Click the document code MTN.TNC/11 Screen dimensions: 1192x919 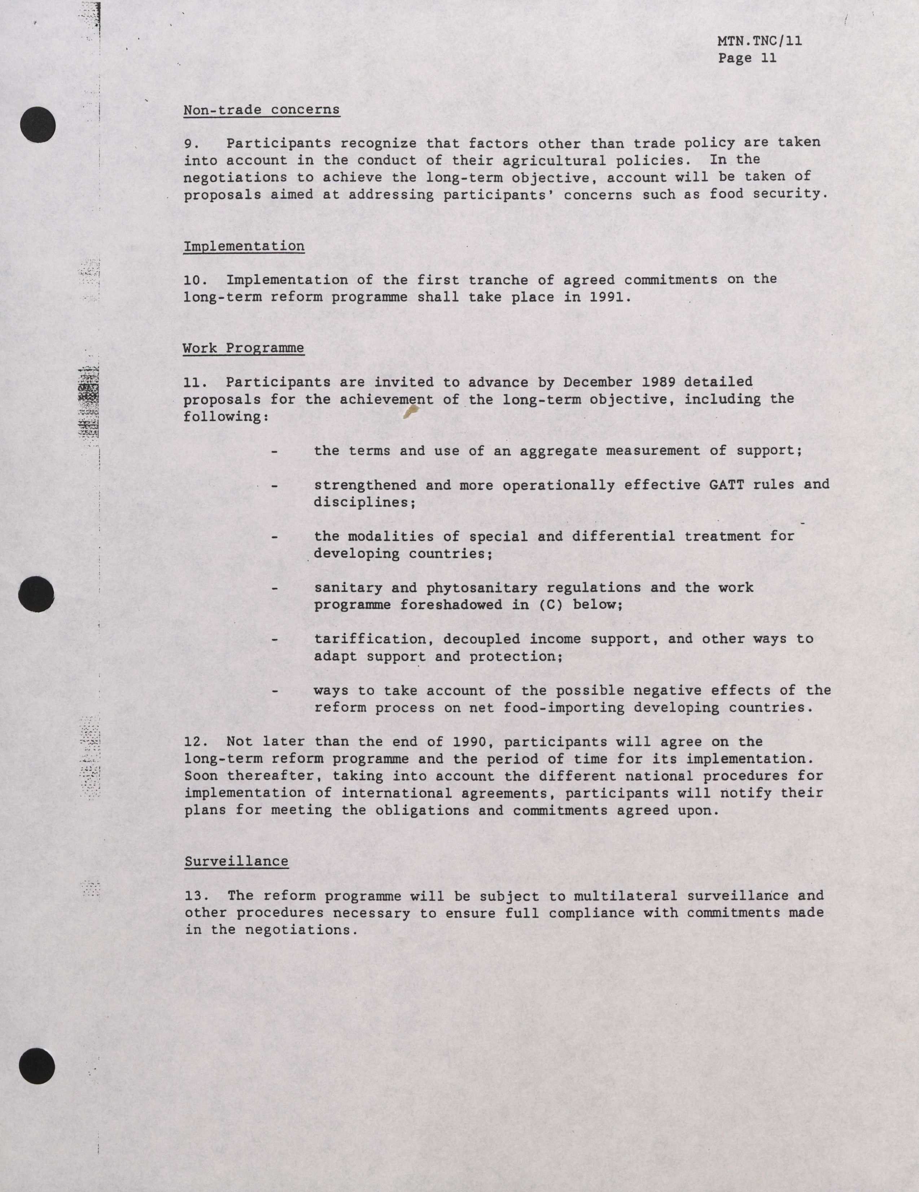759,41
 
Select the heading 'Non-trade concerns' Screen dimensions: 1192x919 261,110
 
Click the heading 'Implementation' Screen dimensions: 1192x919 244,246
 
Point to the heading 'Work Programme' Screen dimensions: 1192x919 244,348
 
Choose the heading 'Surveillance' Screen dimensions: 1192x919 236,861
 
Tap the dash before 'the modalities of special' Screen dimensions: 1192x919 275,537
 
